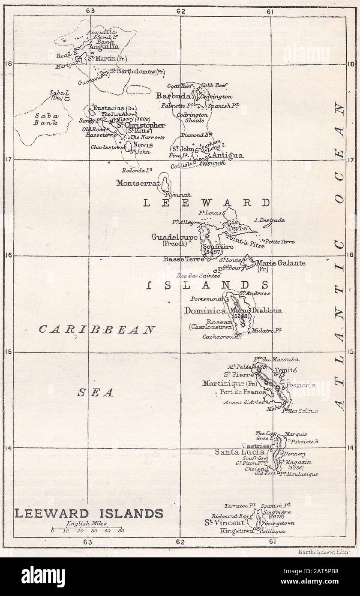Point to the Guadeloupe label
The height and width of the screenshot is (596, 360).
pyautogui.click(x=174, y=237)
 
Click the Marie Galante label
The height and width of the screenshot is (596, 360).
pyautogui.click(x=280, y=263)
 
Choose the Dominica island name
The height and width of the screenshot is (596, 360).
pyautogui.click(x=205, y=310)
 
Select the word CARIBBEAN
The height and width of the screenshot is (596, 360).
pyautogui.click(x=97, y=330)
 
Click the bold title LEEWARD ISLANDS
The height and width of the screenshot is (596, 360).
pyautogui.click(x=89, y=513)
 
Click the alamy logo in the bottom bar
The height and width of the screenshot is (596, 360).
pyautogui.click(x=43, y=577)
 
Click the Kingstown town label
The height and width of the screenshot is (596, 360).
pyautogui.click(x=237, y=531)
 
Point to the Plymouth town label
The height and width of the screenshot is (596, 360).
pyautogui.click(x=178, y=195)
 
